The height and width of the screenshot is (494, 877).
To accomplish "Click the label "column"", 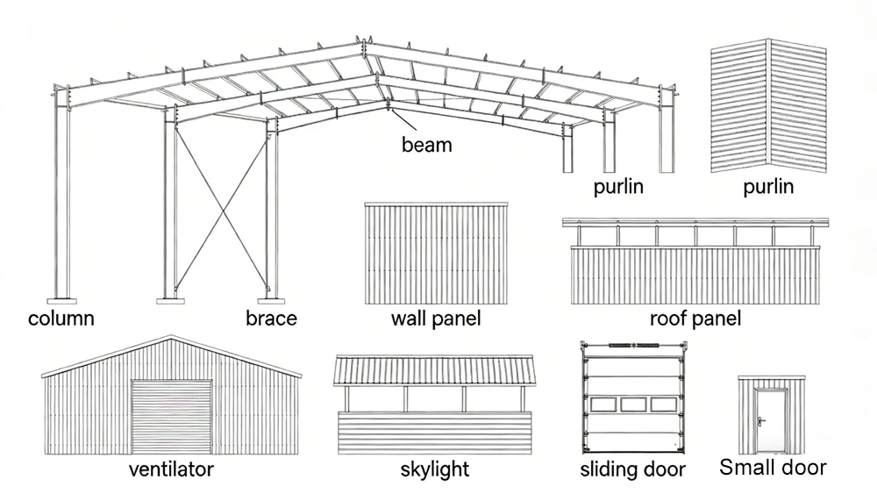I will coord(61,319).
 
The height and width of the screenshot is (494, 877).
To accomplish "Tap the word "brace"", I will coord(271,319).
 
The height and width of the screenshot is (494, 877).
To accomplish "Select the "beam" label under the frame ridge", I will coord(427,145).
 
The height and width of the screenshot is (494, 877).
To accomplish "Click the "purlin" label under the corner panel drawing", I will coord(768,187).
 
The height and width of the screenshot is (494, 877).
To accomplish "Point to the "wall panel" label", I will coord(436,319).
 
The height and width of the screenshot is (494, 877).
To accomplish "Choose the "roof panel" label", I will coord(695,319).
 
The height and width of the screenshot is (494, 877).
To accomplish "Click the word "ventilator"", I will coord(171,469).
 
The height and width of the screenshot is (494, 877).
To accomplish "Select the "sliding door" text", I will coord(633,469).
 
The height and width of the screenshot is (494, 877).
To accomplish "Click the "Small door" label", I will coord(773,468).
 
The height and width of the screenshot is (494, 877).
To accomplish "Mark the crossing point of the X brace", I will coord(222,207).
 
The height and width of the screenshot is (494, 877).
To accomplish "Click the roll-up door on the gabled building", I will coord(172,416).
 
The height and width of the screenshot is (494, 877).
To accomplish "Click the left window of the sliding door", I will coord(604,405).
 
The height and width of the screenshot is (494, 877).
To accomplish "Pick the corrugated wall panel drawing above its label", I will coord(436,252).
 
